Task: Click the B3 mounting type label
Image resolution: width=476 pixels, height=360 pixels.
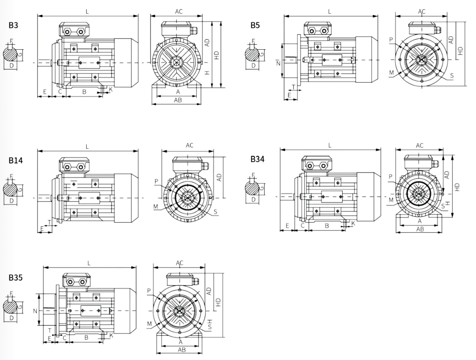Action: [13, 25]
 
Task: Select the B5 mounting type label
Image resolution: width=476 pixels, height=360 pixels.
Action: [255, 25]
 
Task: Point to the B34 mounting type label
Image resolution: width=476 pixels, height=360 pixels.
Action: [257, 159]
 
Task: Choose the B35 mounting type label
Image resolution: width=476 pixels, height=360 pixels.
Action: [15, 278]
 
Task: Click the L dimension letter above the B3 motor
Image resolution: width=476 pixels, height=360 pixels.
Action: [87, 12]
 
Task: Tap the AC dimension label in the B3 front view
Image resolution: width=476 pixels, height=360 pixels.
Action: [179, 12]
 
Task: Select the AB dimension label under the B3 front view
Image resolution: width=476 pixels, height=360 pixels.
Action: [178, 100]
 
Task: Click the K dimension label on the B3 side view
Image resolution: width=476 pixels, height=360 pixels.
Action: [110, 89]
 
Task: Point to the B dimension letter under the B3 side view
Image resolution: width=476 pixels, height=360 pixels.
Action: [84, 91]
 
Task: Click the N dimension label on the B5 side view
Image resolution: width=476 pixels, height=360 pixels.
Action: [278, 63]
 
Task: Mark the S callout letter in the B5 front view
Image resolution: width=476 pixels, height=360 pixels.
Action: [453, 76]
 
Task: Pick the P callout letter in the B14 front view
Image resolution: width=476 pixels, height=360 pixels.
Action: [156, 181]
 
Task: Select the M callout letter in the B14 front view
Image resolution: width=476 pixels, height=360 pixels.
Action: [156, 207]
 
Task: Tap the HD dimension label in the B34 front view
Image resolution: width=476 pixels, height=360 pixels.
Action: [458, 187]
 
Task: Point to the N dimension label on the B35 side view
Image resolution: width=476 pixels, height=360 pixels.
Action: [35, 311]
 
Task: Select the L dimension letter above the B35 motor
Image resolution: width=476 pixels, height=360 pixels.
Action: [89, 263]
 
